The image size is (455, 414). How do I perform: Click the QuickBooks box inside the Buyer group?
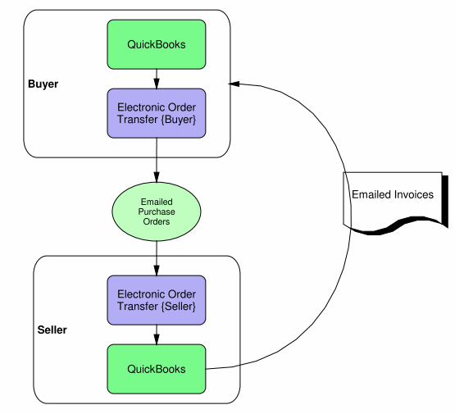(x=157, y=44)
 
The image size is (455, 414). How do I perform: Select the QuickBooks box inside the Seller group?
(x=157, y=369)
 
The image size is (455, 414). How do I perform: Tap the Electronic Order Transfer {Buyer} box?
(x=157, y=113)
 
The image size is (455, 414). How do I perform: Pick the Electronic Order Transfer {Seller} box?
(x=157, y=300)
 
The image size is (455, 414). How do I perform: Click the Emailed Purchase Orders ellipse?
(x=157, y=212)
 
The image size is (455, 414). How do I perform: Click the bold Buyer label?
(x=43, y=84)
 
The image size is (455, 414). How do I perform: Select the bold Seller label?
(x=52, y=330)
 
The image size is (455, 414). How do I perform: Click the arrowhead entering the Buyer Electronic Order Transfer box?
(x=157, y=84)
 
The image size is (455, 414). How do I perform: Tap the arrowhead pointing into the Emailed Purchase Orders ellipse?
(x=157, y=177)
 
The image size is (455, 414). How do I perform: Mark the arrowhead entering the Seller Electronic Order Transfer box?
(x=157, y=270)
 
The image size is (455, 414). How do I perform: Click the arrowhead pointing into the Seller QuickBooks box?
(x=157, y=339)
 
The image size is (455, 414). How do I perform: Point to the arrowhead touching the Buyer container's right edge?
(x=234, y=84)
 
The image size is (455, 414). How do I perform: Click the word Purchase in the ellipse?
(x=157, y=212)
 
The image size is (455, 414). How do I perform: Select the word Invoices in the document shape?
(x=413, y=194)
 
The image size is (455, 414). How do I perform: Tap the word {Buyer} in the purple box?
(x=179, y=120)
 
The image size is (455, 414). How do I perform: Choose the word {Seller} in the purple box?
(x=179, y=307)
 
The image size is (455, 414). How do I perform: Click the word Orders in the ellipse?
(x=157, y=221)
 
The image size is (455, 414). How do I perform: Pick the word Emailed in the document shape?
(x=371, y=194)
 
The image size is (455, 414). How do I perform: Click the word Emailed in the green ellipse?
(x=157, y=202)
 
